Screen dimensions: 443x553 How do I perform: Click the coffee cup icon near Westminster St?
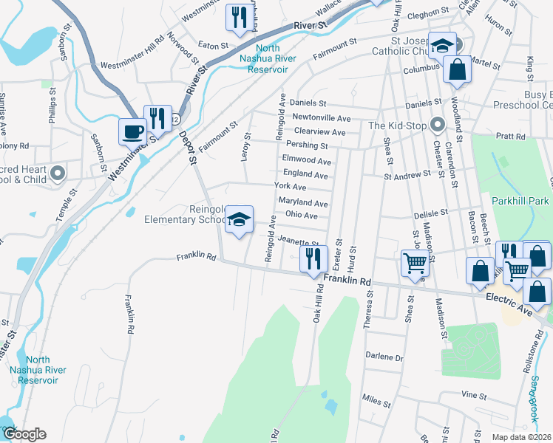pyautogui.click(x=133, y=131)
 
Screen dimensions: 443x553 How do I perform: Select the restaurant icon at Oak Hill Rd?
pyautogui.click(x=313, y=258)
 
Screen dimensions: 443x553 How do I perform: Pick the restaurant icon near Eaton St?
pyautogui.click(x=238, y=18)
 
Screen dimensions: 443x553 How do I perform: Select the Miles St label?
pyautogui.click(x=376, y=403)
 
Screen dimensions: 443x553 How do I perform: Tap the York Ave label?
pyautogui.click(x=290, y=188)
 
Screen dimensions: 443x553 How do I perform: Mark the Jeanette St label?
pyautogui.click(x=299, y=240)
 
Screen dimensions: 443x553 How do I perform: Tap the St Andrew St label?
pyautogui.click(x=406, y=175)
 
